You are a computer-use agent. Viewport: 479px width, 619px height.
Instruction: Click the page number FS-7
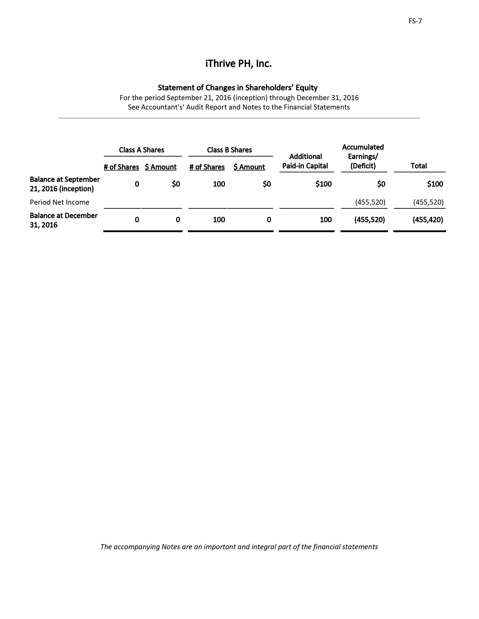pos(415,21)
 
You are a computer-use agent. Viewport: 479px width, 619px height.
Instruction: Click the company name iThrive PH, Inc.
pos(238,64)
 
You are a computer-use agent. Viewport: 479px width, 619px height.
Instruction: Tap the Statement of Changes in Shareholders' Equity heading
pos(237,88)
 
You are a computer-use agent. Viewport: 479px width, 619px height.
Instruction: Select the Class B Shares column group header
pos(229,150)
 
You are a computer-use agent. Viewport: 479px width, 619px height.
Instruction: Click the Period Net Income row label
pos(60,202)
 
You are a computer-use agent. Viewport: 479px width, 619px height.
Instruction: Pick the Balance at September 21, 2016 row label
pos(65,184)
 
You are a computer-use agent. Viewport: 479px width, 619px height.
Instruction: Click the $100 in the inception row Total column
pos(435,184)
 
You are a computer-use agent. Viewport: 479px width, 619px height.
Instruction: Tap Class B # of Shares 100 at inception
pos(219,184)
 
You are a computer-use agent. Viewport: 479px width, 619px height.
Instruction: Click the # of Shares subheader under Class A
pos(122,167)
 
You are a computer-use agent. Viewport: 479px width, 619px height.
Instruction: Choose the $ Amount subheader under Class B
pos(249,167)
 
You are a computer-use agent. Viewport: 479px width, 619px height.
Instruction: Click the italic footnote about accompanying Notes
pos(239,547)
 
